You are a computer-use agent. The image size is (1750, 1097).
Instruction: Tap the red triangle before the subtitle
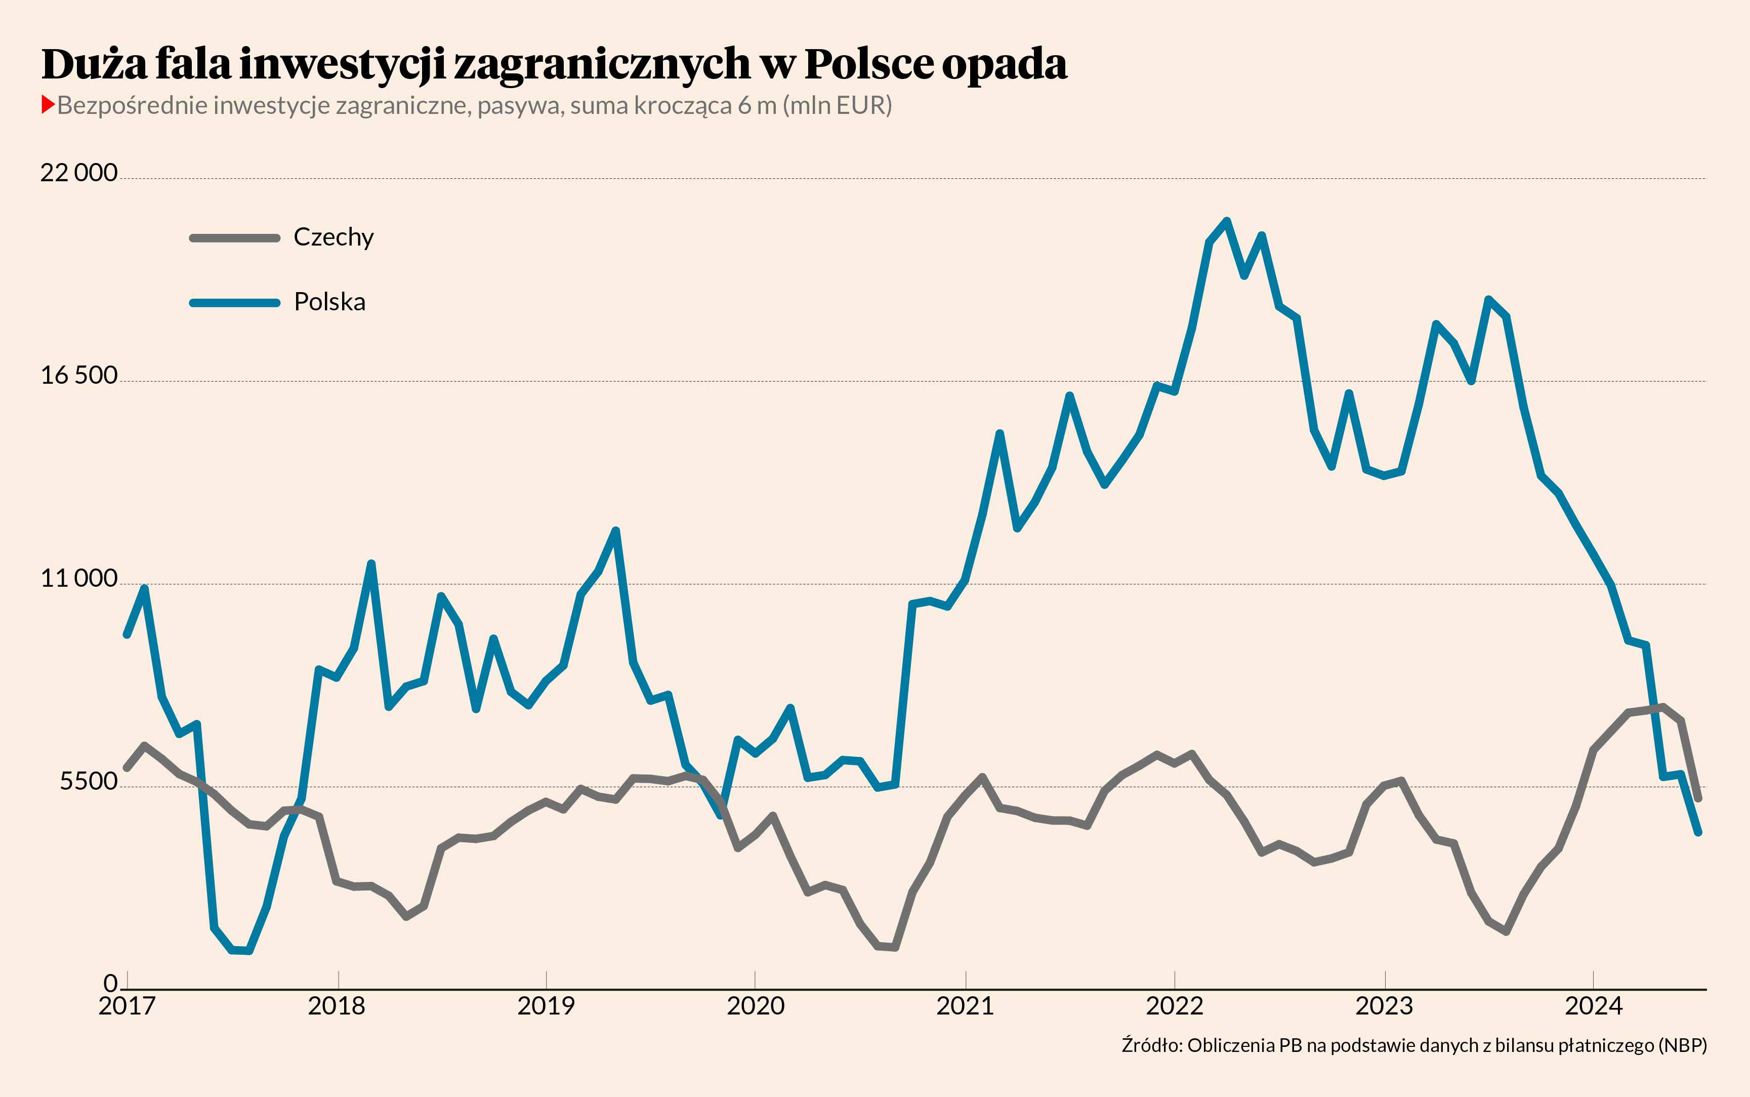pyautogui.click(x=48, y=105)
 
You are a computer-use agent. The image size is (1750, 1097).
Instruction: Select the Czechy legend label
pyautogui.click(x=333, y=237)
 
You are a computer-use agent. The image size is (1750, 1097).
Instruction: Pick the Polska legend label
pyautogui.click(x=329, y=302)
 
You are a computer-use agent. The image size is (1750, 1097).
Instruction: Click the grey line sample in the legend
pyautogui.click(x=234, y=238)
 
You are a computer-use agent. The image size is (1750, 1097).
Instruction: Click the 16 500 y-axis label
pyautogui.click(x=78, y=375)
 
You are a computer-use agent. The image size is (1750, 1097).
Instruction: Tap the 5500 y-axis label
pyautogui.click(x=89, y=782)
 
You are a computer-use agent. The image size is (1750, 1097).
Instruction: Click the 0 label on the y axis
pyautogui.click(x=110, y=983)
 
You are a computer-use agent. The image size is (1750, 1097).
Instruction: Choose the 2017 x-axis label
pyautogui.click(x=127, y=1006)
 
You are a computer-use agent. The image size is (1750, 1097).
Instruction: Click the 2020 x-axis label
pyautogui.click(x=756, y=1006)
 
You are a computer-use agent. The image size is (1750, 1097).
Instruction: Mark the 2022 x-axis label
pyautogui.click(x=1174, y=1006)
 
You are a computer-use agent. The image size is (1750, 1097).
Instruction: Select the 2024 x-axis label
pyautogui.click(x=1593, y=1006)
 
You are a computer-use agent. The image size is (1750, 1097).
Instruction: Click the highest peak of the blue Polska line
pyautogui.click(x=1226, y=221)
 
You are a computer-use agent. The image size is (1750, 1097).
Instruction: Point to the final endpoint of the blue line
pyautogui.click(x=1698, y=832)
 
